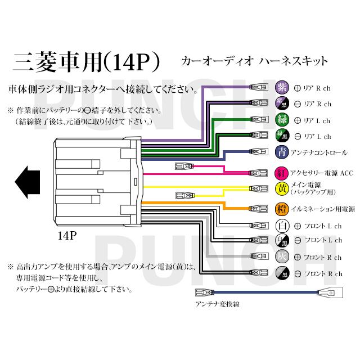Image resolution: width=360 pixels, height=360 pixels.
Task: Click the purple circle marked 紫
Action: click(x=281, y=88)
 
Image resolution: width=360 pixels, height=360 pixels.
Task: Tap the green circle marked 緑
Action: click(x=281, y=120)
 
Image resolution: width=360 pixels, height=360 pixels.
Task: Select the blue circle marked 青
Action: click(x=281, y=152)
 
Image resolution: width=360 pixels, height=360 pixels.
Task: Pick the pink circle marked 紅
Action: click(x=281, y=172)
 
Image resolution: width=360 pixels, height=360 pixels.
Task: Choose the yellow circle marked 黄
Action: click(x=281, y=188)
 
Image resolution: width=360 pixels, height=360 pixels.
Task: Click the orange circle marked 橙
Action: click(x=281, y=209)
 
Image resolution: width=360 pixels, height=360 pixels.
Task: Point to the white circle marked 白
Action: click(x=281, y=226)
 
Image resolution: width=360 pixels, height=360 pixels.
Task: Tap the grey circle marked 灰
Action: click(x=281, y=257)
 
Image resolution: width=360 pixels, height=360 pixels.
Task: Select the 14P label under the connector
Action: click(x=66, y=236)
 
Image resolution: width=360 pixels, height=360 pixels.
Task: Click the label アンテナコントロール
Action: click(x=319, y=152)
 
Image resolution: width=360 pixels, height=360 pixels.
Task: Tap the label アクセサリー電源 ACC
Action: click(x=322, y=173)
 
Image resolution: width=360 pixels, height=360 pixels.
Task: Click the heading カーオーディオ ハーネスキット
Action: click(x=254, y=60)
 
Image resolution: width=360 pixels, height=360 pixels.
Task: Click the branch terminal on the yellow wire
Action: click(x=183, y=195)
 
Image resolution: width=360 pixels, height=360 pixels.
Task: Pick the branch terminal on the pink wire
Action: click(x=183, y=166)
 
